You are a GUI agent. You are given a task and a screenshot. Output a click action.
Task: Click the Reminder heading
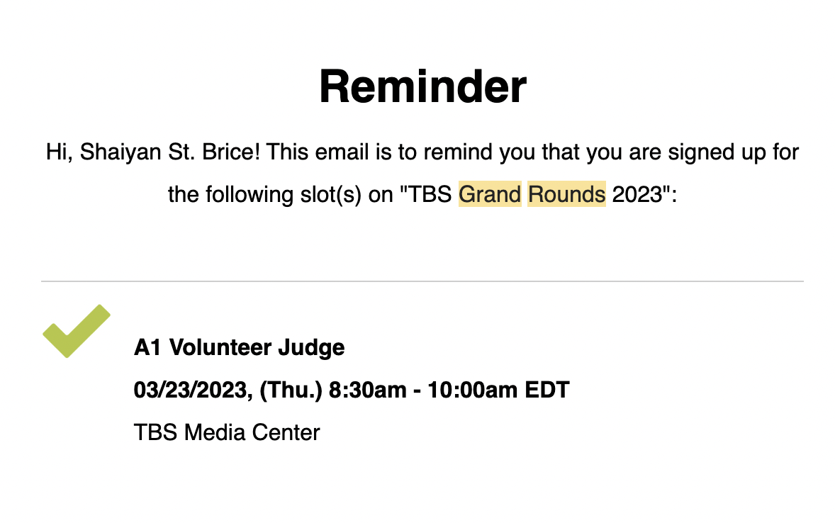pyautogui.click(x=422, y=86)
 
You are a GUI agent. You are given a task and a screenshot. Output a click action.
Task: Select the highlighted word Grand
pyautogui.click(x=490, y=194)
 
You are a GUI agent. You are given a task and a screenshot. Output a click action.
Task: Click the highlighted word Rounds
pyautogui.click(x=566, y=194)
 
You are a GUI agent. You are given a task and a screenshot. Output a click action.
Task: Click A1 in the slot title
pyautogui.click(x=147, y=347)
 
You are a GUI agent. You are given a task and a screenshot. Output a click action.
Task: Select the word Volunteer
pyautogui.click(x=220, y=347)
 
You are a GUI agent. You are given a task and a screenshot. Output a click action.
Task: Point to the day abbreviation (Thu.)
pyautogui.click(x=291, y=390)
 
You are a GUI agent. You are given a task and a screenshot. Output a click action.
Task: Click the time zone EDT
pyautogui.click(x=547, y=390)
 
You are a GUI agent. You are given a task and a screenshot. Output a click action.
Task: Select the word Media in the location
pyautogui.click(x=215, y=432)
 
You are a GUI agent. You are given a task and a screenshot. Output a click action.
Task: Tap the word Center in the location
pyautogui.click(x=286, y=432)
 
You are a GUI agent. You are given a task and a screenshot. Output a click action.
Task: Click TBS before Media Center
pyautogui.click(x=155, y=432)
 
